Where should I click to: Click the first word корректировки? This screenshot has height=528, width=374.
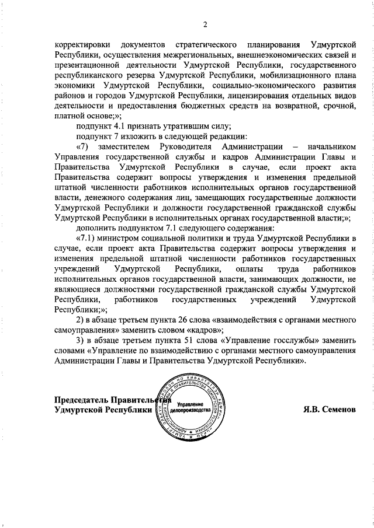(x=79, y=45)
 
